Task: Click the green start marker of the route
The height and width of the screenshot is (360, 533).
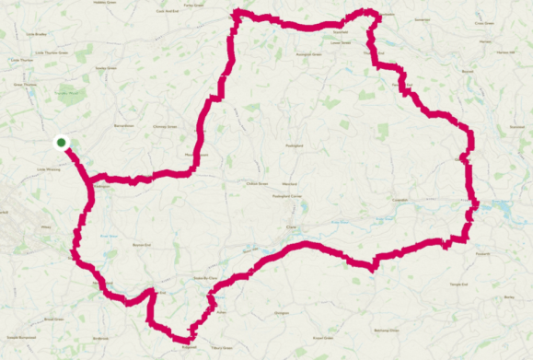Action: coord(61,142)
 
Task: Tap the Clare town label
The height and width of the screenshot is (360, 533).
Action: coord(293,227)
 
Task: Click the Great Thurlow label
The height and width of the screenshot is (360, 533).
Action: coord(24,85)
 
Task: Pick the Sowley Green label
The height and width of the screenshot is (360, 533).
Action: coord(106,67)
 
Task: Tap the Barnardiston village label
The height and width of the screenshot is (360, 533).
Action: coord(123,125)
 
